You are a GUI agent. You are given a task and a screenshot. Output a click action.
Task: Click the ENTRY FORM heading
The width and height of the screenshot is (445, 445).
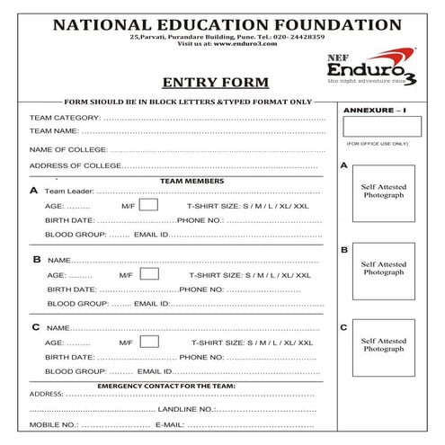[x=215, y=83]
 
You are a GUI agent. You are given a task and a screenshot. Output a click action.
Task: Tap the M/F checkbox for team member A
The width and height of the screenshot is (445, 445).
[x=149, y=205]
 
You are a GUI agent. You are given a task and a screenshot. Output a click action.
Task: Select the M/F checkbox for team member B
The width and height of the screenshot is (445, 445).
[x=149, y=273]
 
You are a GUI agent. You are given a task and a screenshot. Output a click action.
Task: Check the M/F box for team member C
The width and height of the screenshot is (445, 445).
[x=149, y=342]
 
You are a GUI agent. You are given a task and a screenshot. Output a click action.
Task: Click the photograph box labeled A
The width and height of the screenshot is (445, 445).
[x=383, y=193]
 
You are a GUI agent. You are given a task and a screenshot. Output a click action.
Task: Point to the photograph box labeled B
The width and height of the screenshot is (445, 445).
[x=383, y=271]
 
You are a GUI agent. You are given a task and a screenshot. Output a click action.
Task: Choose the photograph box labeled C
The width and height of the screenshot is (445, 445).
[x=383, y=347]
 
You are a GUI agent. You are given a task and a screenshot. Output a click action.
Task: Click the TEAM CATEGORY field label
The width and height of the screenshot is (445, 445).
[x=65, y=118]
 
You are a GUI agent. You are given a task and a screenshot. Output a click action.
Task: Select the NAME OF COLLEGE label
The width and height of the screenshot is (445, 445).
[x=68, y=149]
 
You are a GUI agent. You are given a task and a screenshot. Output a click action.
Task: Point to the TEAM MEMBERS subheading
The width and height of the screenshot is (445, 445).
[x=192, y=181]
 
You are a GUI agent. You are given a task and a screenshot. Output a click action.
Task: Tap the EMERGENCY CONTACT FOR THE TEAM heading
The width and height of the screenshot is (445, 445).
[x=166, y=385]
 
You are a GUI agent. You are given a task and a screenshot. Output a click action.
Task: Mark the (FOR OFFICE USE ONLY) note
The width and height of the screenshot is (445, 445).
[x=377, y=144]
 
